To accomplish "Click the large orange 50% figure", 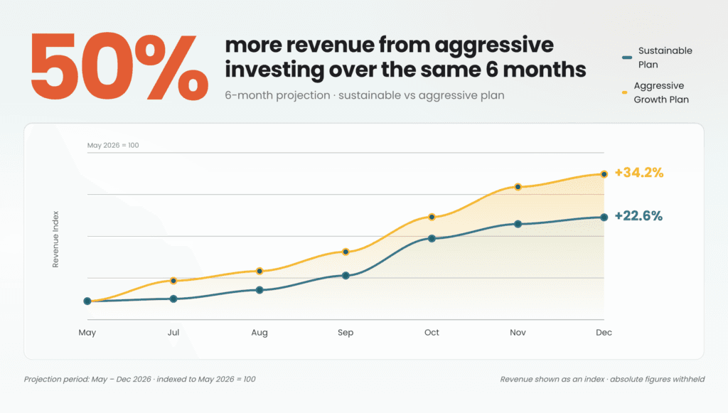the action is pyautogui.click(x=119, y=66).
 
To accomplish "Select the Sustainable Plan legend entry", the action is pyautogui.click(x=657, y=58).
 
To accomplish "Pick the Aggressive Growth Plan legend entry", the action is pyautogui.click(x=655, y=92).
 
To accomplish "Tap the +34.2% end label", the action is pyautogui.click(x=639, y=173).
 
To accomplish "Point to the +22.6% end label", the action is pyautogui.click(x=638, y=216).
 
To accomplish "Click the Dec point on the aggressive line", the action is pyautogui.click(x=604, y=174).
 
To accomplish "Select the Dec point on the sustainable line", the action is pyautogui.click(x=604, y=218).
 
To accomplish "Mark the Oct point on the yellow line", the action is pyautogui.click(x=432, y=217).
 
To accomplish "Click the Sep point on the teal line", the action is pyautogui.click(x=346, y=276).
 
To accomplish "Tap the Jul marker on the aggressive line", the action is pyautogui.click(x=173, y=281).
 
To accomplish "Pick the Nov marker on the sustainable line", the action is pyautogui.click(x=518, y=224).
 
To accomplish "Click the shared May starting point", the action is pyautogui.click(x=87, y=301).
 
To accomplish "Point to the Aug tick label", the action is pyautogui.click(x=259, y=333).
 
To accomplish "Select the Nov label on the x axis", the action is pyautogui.click(x=518, y=332).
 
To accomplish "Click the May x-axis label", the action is pyautogui.click(x=87, y=333).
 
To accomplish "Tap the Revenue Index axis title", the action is pyautogui.click(x=55, y=240).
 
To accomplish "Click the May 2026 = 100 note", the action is pyautogui.click(x=113, y=145).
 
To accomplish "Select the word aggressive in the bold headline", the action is pyautogui.click(x=494, y=45).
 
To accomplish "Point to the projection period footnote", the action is pyautogui.click(x=140, y=379).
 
